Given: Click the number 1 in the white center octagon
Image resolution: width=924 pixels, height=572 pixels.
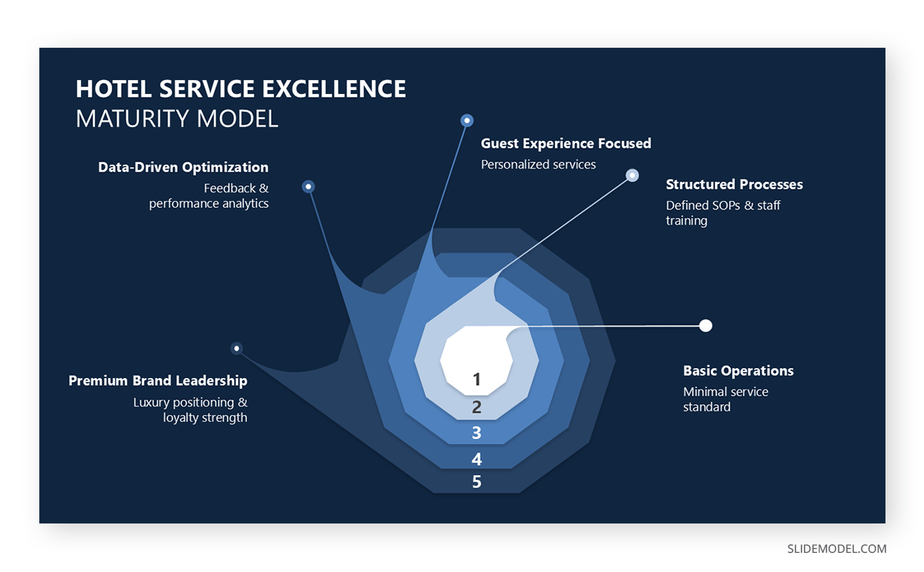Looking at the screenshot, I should coord(477,380).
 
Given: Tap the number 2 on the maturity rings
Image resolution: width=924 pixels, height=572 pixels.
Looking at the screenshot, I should coord(477,408).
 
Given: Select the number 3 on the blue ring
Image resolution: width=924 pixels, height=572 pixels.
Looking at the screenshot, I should coord(477,433).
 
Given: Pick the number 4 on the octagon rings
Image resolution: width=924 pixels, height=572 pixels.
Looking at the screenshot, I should coord(477,460).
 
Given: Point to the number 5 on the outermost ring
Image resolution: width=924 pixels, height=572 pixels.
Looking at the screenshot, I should coord(477,483).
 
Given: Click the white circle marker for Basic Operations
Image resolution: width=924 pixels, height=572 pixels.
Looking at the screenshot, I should coord(705,326).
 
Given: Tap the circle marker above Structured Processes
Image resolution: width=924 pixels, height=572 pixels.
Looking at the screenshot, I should coord(632,176).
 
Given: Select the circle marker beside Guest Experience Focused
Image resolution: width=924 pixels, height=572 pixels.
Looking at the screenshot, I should coord(467,121).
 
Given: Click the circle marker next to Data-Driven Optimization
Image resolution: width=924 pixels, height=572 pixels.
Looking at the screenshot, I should coord(309,186).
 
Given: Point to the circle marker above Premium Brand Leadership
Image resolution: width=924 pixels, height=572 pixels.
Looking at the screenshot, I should coord(237,349).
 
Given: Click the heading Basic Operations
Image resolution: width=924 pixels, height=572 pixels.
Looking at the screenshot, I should coord(738,371).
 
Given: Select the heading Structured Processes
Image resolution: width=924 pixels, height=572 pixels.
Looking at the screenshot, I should coord(734,185).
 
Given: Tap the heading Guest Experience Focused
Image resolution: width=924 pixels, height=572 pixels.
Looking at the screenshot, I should coord(566,144).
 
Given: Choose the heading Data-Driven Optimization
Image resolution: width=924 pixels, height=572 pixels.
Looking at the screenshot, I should coord(183,168).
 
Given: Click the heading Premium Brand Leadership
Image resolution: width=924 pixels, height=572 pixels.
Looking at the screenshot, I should coord(158,381).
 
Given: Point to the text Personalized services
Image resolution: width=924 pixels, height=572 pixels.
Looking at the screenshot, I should coord(538,165).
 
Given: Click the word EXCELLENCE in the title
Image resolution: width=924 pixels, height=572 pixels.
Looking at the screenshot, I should coord(334,89).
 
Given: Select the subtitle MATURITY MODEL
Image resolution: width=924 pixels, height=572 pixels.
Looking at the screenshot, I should coord(177,119).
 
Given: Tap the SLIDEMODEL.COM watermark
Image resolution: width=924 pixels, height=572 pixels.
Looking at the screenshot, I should coord(836,549).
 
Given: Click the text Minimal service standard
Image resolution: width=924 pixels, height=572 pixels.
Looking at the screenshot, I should coord(725,400).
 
